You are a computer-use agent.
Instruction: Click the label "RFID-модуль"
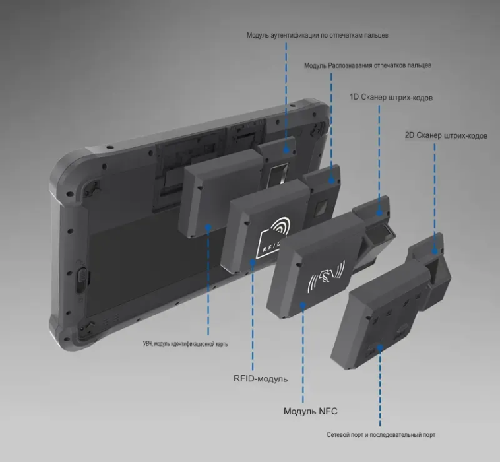[x=261, y=379]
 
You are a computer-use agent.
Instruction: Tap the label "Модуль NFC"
[x=310, y=411]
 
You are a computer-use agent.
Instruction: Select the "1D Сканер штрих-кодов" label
[x=391, y=97]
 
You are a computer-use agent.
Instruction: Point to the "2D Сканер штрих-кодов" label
[x=446, y=135]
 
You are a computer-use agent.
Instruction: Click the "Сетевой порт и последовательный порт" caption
[x=381, y=435]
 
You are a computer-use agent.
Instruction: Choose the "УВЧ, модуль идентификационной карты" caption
[x=185, y=344]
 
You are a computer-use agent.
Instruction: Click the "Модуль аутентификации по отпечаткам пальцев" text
[x=317, y=35]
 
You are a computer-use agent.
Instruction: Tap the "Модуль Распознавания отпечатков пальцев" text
[x=367, y=65]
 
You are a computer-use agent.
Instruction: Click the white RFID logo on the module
[x=273, y=238]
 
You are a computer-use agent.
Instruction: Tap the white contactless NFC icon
[x=326, y=277]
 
